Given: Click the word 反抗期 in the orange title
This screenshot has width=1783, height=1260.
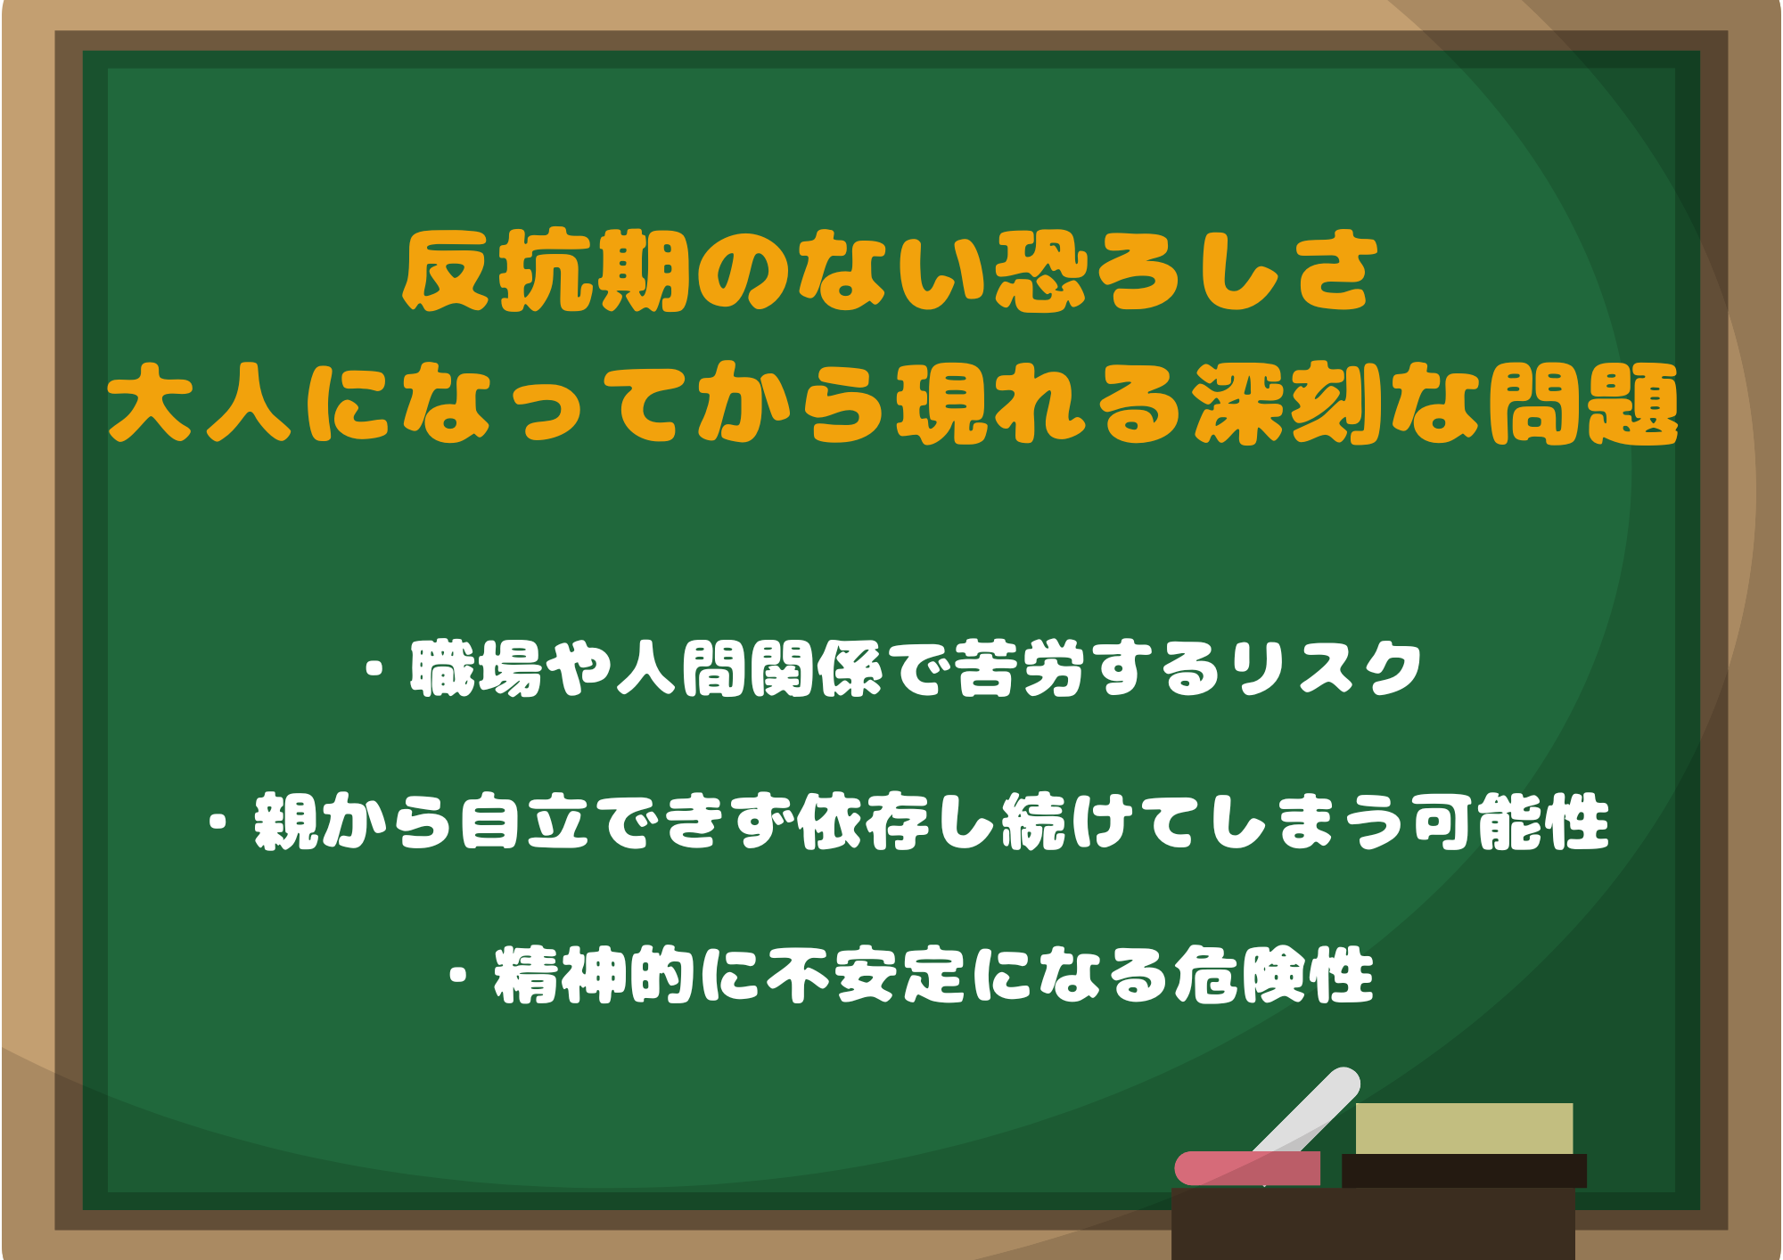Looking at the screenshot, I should pos(546,271).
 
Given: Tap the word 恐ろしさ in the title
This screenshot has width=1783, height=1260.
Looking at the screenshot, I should pos(1187,271).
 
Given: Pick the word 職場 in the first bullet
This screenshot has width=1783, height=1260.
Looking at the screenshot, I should pos(476,668).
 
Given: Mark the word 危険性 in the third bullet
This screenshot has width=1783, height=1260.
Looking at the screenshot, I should pos(1273,976).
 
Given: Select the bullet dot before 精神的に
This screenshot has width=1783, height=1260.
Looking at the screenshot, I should pos(459,976).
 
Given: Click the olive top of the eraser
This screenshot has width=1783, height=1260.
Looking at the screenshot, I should pos(1464,1128).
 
